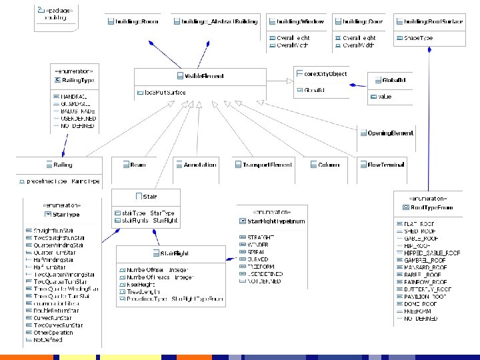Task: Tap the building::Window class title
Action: [299, 22]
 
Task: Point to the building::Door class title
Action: [364, 22]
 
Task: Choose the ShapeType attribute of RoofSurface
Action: [418, 39]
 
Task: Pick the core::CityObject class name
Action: [325, 74]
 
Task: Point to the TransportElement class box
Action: [267, 165]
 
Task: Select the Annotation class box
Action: [199, 165]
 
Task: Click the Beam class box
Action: [137, 165]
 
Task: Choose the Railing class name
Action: [64, 165]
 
